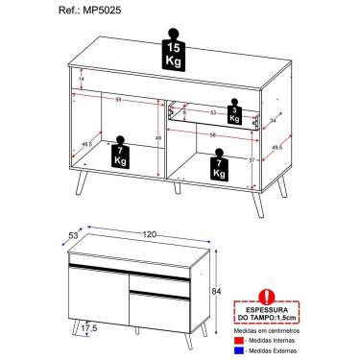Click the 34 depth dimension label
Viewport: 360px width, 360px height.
click(275, 121)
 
